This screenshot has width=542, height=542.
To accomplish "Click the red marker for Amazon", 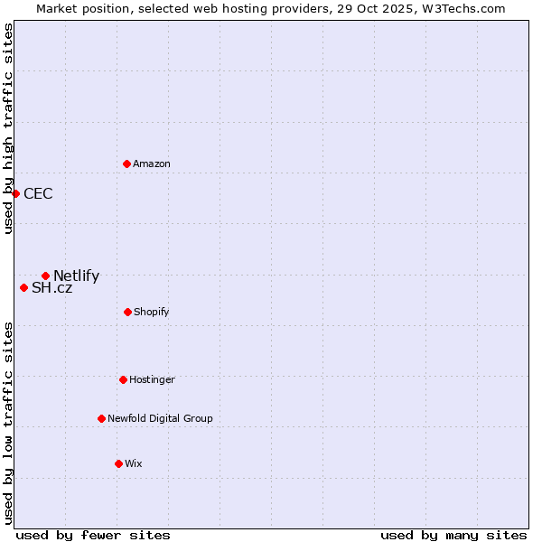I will pyautogui.click(x=126, y=164).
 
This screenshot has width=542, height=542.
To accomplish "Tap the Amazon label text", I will pyautogui.click(x=152, y=164).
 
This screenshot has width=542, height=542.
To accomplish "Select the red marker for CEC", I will pyautogui.click(x=15, y=193).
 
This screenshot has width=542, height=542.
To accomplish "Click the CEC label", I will pyautogui.click(x=38, y=193).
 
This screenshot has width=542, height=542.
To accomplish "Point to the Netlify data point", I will pyautogui.click(x=45, y=276).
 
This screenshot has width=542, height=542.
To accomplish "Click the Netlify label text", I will pyautogui.click(x=76, y=276).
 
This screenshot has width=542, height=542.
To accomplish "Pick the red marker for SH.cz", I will pyautogui.click(x=23, y=287).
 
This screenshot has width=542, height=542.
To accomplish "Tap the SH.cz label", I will pyautogui.click(x=51, y=288).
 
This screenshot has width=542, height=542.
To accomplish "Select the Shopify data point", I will pyautogui.click(x=127, y=312).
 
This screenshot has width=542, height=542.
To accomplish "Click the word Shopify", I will pyautogui.click(x=152, y=313).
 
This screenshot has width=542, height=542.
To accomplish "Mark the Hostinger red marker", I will pyautogui.click(x=123, y=379).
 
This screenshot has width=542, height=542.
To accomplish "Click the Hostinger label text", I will pyautogui.click(x=152, y=380).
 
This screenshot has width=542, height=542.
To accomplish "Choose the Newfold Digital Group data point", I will pyautogui.click(x=101, y=418).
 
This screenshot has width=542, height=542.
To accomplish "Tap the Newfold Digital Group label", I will pyautogui.click(x=160, y=418).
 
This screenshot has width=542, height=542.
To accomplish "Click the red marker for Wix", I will pyautogui.click(x=118, y=463).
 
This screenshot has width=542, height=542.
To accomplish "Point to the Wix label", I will pyautogui.click(x=134, y=464).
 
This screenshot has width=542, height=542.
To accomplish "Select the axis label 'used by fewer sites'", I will pyautogui.click(x=93, y=535).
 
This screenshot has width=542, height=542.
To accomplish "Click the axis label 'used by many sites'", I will pyautogui.click(x=453, y=535).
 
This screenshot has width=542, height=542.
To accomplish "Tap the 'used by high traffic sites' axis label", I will pyautogui.click(x=8, y=128).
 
